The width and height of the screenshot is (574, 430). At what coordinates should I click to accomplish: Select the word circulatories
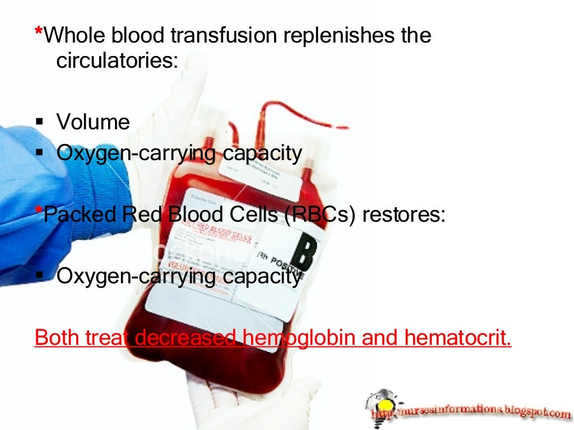click(117, 60)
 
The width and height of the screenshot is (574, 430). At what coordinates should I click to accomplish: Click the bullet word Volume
click(93, 121)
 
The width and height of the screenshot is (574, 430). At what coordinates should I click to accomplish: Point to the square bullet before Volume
click(39, 122)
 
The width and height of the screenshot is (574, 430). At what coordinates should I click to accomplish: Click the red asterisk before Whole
click(38, 32)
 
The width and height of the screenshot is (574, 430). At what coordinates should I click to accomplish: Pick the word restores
click(403, 215)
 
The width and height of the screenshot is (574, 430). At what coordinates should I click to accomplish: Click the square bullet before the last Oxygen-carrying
click(39, 276)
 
